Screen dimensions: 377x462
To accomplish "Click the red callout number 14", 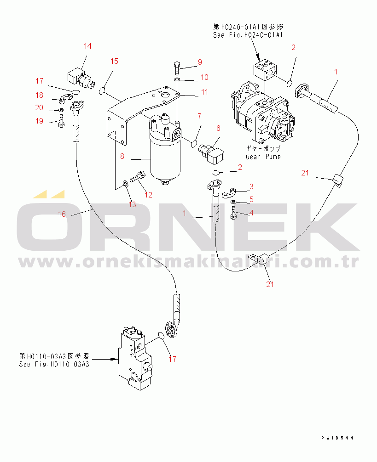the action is pos(87,46).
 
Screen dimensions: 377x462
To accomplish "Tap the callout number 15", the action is pos(114,62).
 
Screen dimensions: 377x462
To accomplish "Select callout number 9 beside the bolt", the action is pos(199,62).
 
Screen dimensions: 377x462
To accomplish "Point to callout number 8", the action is pos(122,156).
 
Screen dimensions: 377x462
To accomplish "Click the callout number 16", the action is pos(62,214).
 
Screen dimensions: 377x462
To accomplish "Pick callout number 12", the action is pos(149,194).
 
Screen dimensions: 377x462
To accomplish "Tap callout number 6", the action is pos(218,128).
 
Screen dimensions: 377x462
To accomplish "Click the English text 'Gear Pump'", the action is pos(263,157).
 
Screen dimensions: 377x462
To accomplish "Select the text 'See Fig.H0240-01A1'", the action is pos(248,34).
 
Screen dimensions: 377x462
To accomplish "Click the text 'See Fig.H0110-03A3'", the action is pos(54,364).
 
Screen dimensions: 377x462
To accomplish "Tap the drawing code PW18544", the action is pos(337,438).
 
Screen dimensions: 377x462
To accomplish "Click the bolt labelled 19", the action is pos(60,123).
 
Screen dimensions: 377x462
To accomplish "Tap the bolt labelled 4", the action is pos(234,213).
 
